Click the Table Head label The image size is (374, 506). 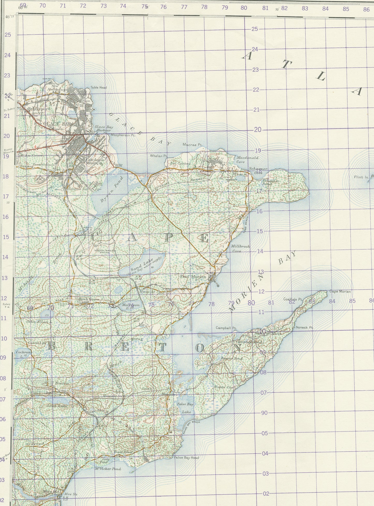[98, 88]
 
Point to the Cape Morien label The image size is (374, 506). [340, 292]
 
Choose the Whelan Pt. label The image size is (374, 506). [159, 156]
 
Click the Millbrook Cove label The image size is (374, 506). [240, 249]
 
